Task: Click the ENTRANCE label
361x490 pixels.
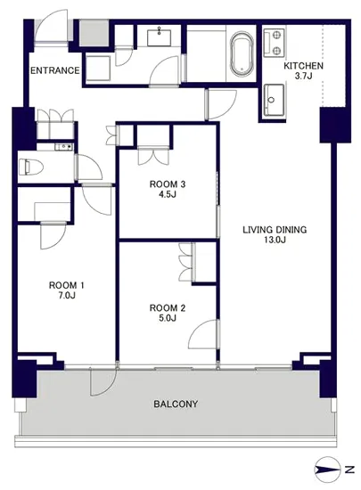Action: [55, 70]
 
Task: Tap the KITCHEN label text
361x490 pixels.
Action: [303, 66]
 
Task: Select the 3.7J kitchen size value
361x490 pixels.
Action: [303, 77]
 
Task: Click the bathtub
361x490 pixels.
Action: [242, 53]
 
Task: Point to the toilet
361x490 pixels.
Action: [30, 167]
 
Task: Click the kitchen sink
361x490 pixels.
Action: [275, 100]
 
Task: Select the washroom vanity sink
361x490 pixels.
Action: [160, 37]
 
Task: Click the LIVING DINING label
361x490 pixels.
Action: [275, 230]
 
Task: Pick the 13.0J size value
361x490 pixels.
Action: [275, 240]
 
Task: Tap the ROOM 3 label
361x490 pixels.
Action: [168, 184]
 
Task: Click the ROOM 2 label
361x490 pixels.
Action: [168, 308]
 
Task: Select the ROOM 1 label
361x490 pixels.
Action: [67, 285]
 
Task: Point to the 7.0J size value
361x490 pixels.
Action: [67, 295]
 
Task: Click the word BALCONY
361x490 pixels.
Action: [176, 404]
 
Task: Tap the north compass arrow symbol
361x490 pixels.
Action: [327, 470]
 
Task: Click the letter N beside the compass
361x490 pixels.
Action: [349, 470]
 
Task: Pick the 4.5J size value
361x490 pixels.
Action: [168, 194]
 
